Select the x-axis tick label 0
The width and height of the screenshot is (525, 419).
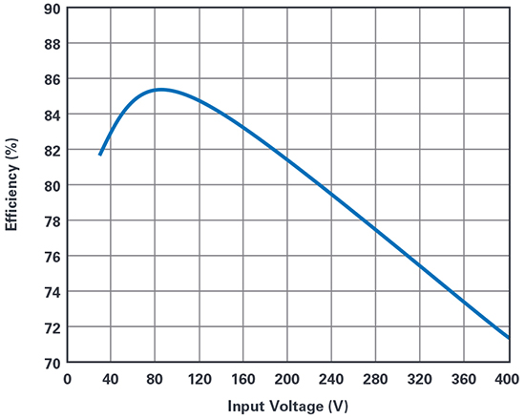coord(67,378)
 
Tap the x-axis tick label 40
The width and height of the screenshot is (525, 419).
coord(111,378)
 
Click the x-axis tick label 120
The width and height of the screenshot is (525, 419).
coord(199,378)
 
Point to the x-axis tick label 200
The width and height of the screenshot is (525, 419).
coord(288,378)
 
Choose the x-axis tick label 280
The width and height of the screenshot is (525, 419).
coord(376,378)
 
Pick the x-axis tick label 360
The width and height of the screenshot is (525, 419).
coord(465,378)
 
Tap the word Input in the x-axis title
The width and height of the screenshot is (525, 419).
coord(246,406)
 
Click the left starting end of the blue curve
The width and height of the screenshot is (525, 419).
coord(100,155)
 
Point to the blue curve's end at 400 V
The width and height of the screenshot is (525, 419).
coord(508,337)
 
